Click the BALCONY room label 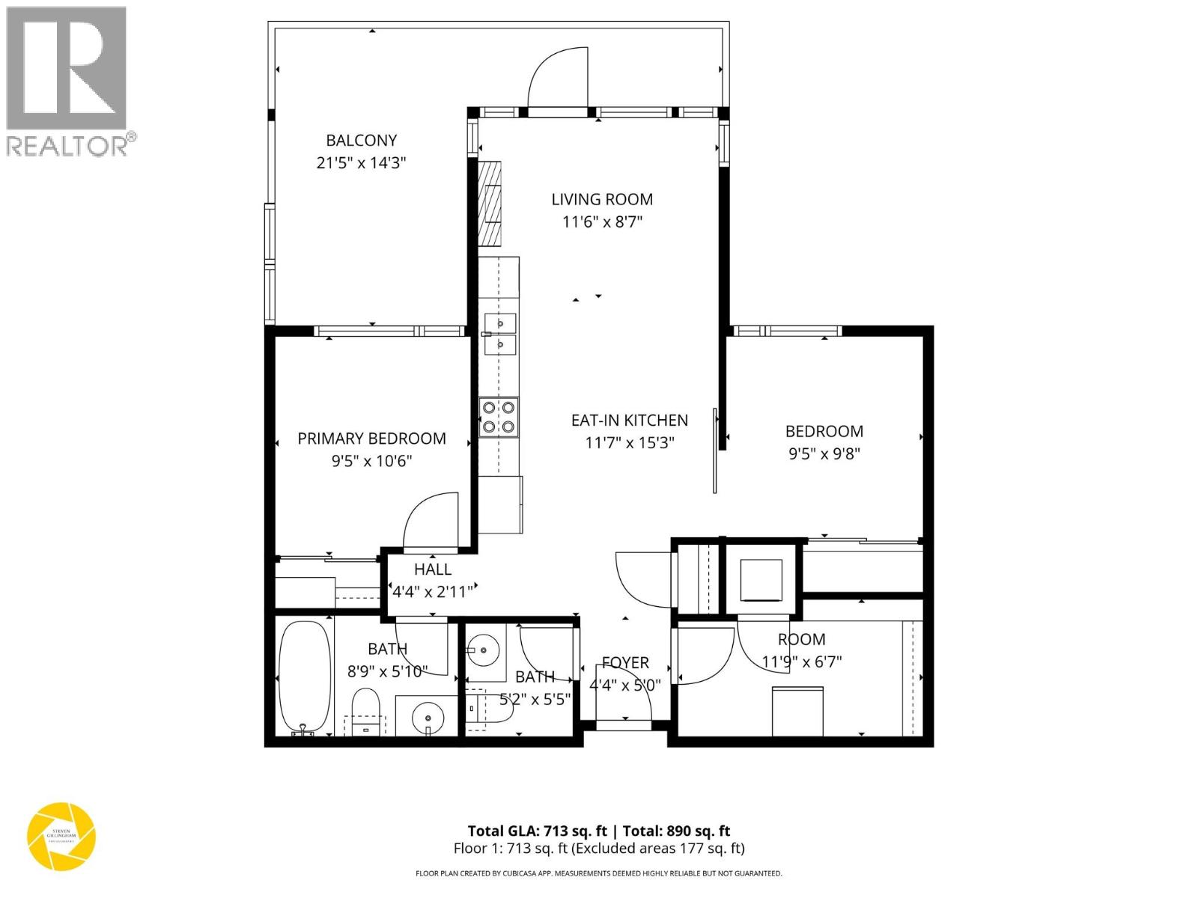coord(361,140)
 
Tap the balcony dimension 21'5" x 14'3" coord(361,162)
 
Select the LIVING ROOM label coord(602,199)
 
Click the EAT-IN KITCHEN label coord(629,420)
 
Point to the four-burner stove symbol coord(499,418)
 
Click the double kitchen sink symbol coord(499,334)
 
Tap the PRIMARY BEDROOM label coord(371,439)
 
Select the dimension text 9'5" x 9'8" coord(824,453)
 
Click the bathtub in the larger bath coord(304,678)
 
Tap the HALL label coord(433,569)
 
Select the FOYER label coord(625,663)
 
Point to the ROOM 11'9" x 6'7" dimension coord(802,662)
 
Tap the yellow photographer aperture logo coord(61,837)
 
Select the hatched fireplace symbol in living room coord(490,204)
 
